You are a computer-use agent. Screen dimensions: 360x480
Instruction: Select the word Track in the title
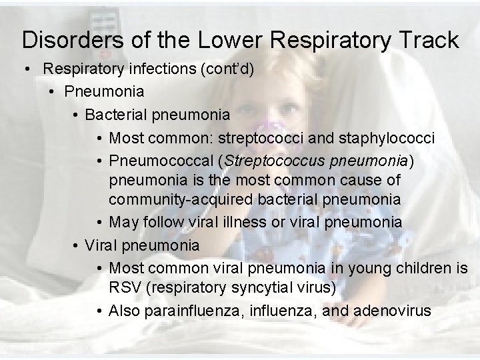[x=427, y=40]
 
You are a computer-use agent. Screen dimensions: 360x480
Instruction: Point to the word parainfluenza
[x=190, y=311]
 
